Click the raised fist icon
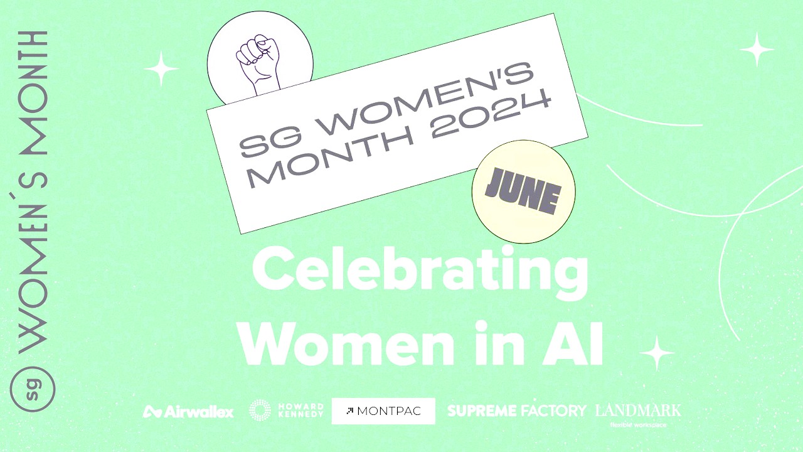257,65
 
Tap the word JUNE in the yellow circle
523,191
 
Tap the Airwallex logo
189,412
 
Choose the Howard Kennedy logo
287,411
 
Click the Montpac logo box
383,411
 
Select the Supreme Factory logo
516,411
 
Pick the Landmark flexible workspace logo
638,413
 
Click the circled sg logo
33,389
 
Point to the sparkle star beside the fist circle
162,68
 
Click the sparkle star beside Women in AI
657,353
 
